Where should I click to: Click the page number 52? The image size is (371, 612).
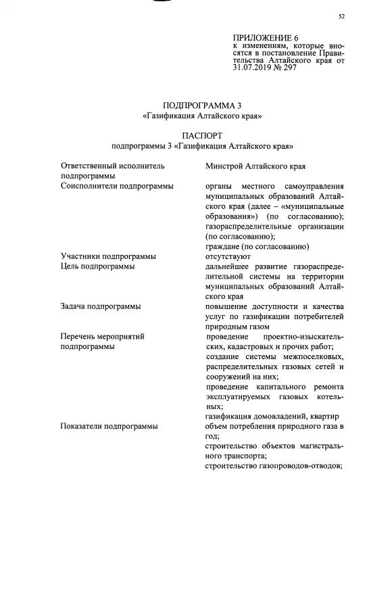341,17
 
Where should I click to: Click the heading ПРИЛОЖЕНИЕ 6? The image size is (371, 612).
265,37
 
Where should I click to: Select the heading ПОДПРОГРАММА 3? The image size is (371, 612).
202,105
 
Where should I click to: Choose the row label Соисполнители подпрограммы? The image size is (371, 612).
117,185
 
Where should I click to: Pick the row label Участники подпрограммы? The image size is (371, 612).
108,256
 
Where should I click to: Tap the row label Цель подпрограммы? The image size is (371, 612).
97,266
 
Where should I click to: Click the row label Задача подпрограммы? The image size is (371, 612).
101,306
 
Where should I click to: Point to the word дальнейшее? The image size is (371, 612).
230,266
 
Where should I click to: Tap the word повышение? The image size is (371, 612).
228,306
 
